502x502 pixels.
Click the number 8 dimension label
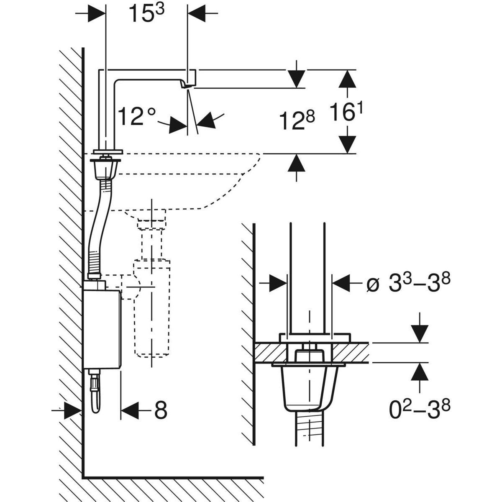coord(161,411)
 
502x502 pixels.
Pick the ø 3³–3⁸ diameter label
coord(408,284)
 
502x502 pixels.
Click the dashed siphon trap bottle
coord(152,310)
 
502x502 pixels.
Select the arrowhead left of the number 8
coord(130,411)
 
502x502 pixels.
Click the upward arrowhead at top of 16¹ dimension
coord(347,79)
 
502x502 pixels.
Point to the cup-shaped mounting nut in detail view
coord(304,387)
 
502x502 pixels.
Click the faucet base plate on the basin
coord(108,151)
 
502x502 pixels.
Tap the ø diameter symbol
coord(372,284)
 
